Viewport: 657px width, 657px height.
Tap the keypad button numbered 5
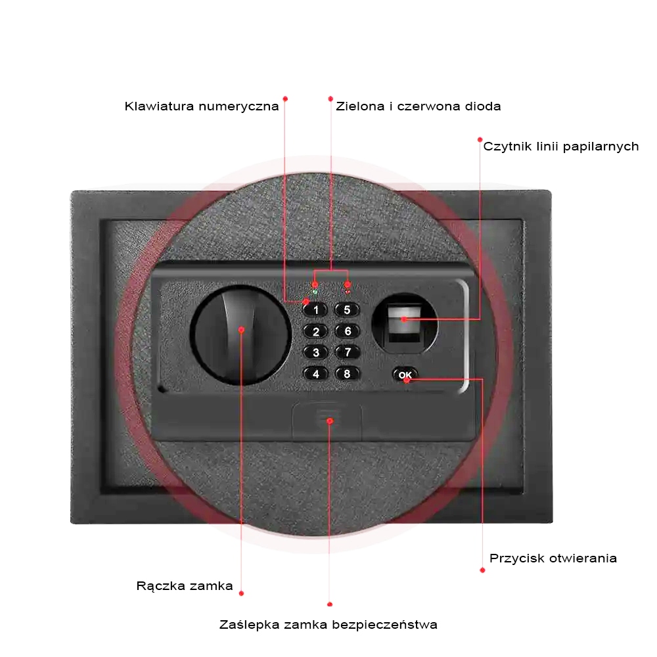click(x=347, y=310)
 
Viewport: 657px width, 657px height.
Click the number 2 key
click(x=316, y=331)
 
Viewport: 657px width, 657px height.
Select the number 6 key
click(x=348, y=331)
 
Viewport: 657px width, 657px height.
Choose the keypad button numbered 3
click(x=316, y=352)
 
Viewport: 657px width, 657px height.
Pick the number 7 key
click(x=348, y=352)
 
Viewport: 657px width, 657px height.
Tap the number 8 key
click(x=348, y=373)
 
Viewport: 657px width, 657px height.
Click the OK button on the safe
click(x=405, y=374)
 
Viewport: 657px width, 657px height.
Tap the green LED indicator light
click(x=315, y=292)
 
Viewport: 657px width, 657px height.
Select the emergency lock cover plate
click(x=327, y=420)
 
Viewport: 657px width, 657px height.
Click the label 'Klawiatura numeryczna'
click(x=202, y=106)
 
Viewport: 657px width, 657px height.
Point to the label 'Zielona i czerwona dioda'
click(x=418, y=106)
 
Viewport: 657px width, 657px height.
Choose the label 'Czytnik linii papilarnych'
click(x=561, y=147)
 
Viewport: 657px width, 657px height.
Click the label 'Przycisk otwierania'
click(x=553, y=558)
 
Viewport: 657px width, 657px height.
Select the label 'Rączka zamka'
click(x=185, y=586)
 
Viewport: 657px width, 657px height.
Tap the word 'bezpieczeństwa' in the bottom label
click(x=384, y=625)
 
